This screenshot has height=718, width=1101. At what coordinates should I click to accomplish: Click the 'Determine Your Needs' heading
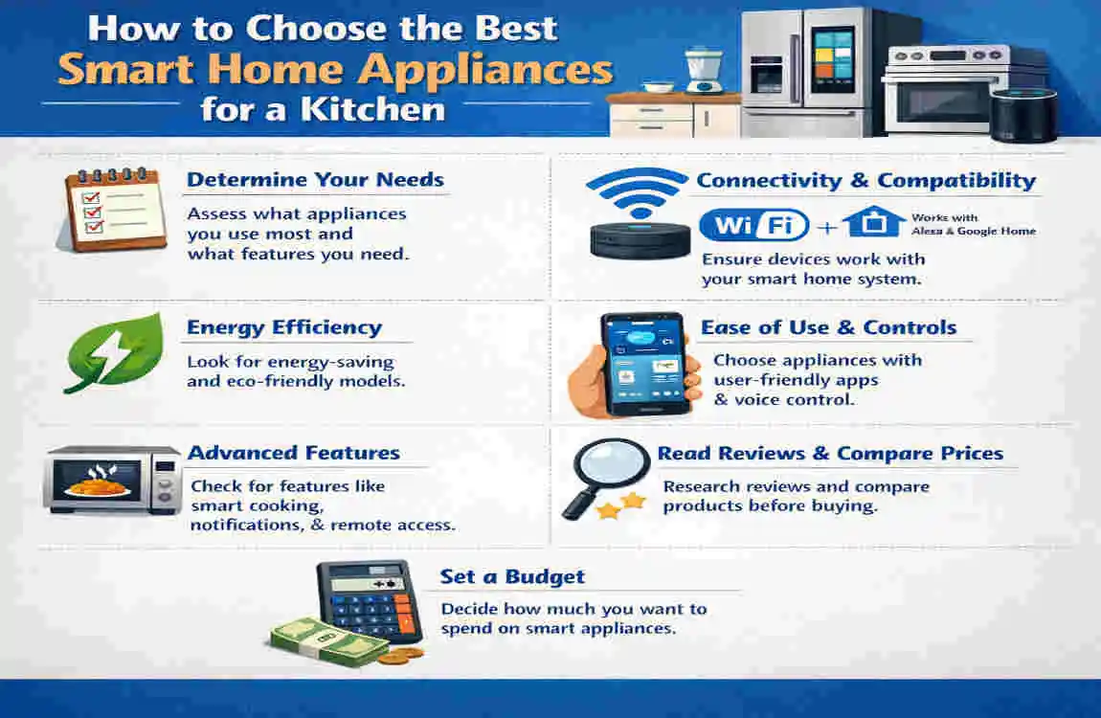tap(315, 180)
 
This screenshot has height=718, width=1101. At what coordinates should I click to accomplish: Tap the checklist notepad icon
tap(112, 209)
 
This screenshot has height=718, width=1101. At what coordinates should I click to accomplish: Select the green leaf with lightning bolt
tap(114, 353)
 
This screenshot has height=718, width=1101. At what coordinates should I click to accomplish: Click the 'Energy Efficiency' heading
tap(284, 327)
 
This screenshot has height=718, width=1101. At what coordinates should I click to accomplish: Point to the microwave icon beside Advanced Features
tap(112, 481)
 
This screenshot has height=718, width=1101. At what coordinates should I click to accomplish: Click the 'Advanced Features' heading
tap(294, 453)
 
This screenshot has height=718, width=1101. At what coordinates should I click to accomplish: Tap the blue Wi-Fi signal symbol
tap(637, 191)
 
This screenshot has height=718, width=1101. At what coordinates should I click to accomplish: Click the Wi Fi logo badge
tap(754, 225)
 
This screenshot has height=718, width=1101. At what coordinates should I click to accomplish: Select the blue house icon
tap(873, 222)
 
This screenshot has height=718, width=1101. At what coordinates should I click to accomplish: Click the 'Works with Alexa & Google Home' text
tap(974, 225)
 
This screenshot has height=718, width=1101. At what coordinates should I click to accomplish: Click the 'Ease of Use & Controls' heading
tap(828, 327)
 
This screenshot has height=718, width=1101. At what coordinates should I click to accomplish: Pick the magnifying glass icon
tap(604, 476)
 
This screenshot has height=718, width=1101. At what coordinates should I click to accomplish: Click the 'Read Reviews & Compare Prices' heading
tap(830, 454)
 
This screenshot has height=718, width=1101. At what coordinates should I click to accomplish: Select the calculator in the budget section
tap(370, 600)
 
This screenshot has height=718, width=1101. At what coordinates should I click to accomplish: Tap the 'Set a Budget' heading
tap(512, 577)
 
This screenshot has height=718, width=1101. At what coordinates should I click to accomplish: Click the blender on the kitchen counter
tap(704, 70)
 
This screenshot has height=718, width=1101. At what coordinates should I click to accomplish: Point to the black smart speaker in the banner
tap(1023, 115)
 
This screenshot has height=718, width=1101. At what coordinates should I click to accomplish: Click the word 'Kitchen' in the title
tap(372, 109)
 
